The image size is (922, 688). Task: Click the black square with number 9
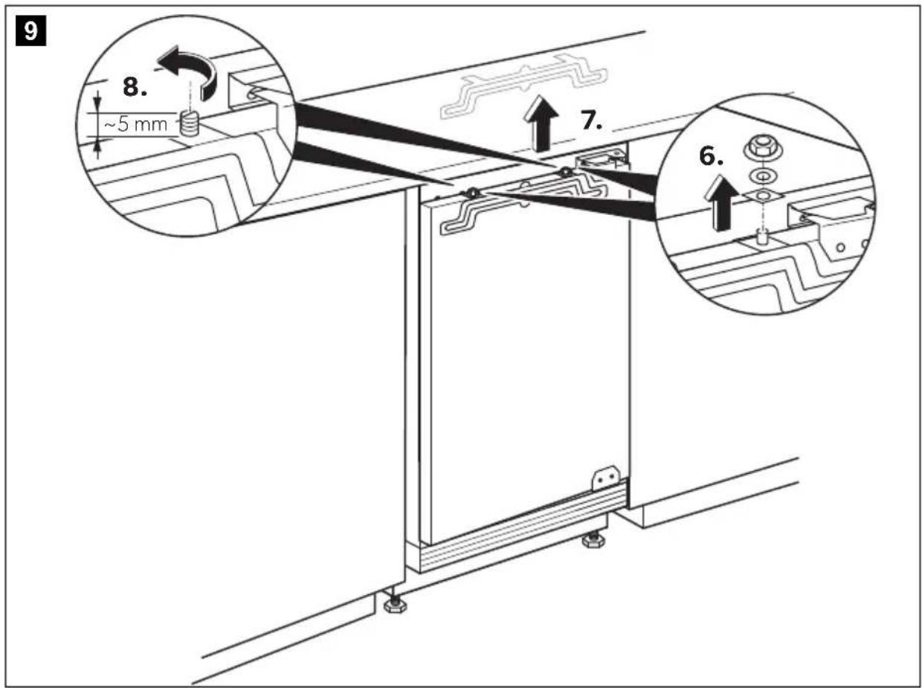point(30,30)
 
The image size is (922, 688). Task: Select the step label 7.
point(591,120)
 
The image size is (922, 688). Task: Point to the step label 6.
point(711,156)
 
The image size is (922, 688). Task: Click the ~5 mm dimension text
point(135,125)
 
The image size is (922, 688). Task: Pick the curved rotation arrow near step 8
point(189,71)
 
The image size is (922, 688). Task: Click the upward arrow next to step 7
point(541,123)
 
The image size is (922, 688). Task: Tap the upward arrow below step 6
point(722,203)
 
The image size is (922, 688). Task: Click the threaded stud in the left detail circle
point(189,124)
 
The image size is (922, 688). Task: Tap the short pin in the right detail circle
point(761,237)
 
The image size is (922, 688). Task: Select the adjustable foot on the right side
point(593,539)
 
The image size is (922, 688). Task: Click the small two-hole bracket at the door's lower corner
point(605,478)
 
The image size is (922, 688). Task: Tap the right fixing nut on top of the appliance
point(565,172)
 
